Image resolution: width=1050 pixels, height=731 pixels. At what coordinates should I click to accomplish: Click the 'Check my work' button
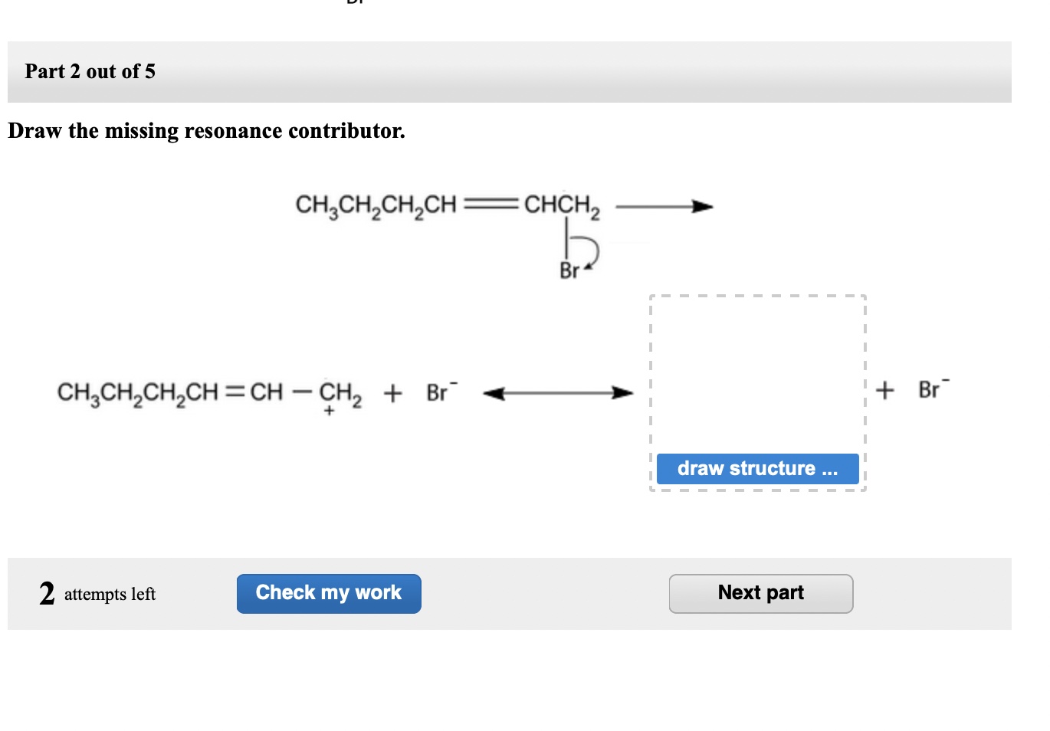point(329,593)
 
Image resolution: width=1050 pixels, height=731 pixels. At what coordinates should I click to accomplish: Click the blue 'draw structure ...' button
point(757,468)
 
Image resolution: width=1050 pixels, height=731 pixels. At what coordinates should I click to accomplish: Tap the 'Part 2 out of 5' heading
point(90,71)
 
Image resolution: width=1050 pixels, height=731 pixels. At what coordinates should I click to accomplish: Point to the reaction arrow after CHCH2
point(664,206)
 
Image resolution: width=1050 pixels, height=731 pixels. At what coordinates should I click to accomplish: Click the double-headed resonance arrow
point(558,393)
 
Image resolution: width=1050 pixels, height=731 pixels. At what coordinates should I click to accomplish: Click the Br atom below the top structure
point(569,270)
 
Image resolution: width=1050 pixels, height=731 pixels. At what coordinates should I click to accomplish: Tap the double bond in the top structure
point(490,205)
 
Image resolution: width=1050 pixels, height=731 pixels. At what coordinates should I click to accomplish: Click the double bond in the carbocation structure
point(236,392)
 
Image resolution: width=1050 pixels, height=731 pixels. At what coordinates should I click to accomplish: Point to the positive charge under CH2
point(330,411)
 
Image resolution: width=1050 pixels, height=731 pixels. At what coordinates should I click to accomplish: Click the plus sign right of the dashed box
point(885,390)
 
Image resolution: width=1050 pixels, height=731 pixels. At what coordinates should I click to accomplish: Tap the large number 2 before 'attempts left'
point(47,593)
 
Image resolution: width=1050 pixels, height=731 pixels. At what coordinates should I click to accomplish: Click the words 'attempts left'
point(110,595)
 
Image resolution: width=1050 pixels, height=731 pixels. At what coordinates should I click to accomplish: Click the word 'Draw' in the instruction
point(34,131)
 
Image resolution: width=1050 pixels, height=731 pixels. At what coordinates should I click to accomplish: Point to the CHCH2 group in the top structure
point(561,205)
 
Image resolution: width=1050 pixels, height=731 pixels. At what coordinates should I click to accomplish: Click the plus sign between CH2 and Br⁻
point(392,393)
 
